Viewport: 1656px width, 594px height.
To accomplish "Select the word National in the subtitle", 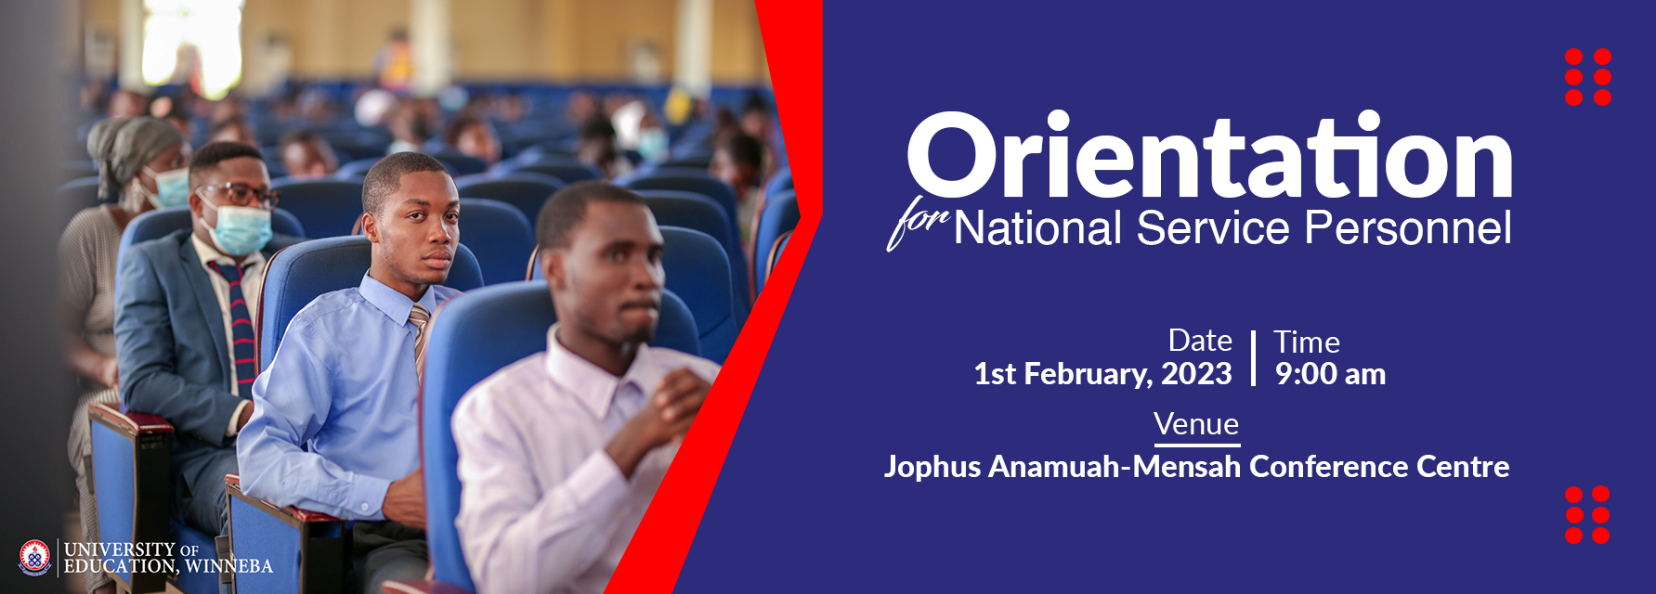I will pyautogui.click(x=1037, y=228).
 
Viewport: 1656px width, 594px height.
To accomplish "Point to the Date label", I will pyautogui.click(x=1200, y=341).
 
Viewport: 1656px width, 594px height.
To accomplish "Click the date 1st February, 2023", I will pyautogui.click(x=1102, y=374).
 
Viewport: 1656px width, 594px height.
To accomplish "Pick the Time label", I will pyautogui.click(x=1307, y=342).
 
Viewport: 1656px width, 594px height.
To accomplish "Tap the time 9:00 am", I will pyautogui.click(x=1330, y=374).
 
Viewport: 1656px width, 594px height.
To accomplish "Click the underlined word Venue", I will pyautogui.click(x=1196, y=424).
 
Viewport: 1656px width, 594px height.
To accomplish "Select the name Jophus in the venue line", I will pyautogui.click(x=932, y=466).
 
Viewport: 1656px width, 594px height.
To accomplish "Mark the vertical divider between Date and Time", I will pyautogui.click(x=1253, y=357).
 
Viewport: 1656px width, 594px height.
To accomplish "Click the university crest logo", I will pyautogui.click(x=35, y=557).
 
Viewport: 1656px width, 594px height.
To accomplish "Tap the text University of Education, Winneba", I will pyautogui.click(x=168, y=558).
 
